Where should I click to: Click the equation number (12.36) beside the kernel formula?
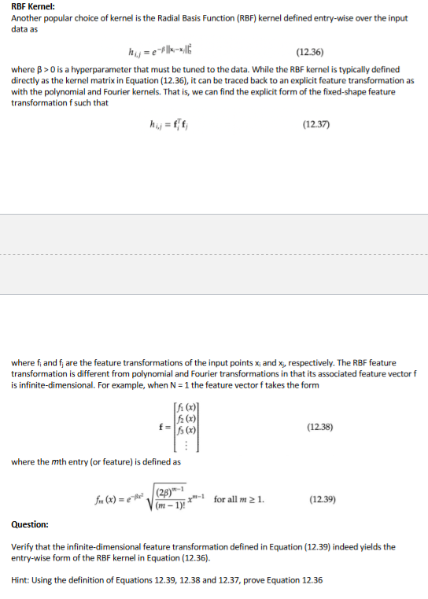point(312,53)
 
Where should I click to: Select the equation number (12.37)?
point(315,124)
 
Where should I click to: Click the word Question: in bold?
point(30,524)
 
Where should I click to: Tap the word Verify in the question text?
point(23,546)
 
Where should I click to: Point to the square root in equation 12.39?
point(168,498)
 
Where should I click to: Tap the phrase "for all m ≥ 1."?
point(240,498)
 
